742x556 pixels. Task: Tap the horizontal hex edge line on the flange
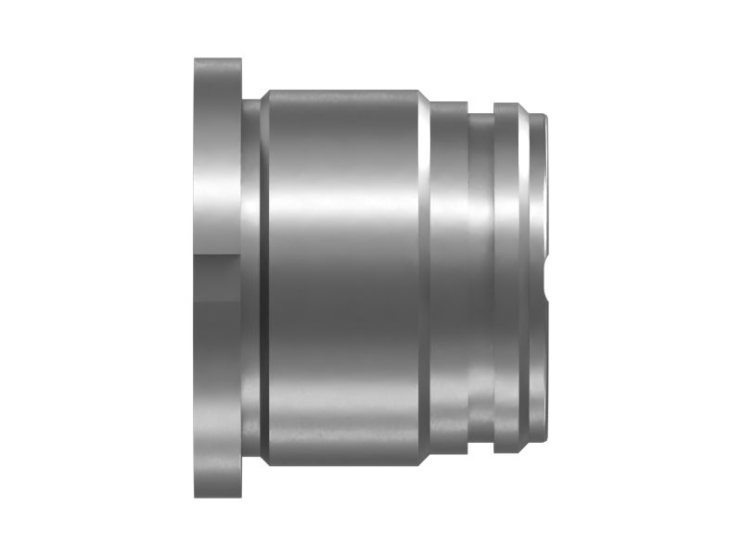point(218,261)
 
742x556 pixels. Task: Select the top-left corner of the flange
point(197,60)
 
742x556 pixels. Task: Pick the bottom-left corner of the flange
point(197,496)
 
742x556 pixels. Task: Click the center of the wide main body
point(343,278)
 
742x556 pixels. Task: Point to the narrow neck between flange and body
point(250,278)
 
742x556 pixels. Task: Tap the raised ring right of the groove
point(506,278)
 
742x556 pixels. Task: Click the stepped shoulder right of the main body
point(449,278)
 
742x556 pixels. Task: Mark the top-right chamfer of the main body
point(422,95)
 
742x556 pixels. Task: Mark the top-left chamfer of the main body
point(266,95)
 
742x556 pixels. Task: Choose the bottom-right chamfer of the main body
point(422,461)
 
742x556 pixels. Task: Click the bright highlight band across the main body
point(343,199)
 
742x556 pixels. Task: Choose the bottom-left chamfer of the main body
point(266,461)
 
